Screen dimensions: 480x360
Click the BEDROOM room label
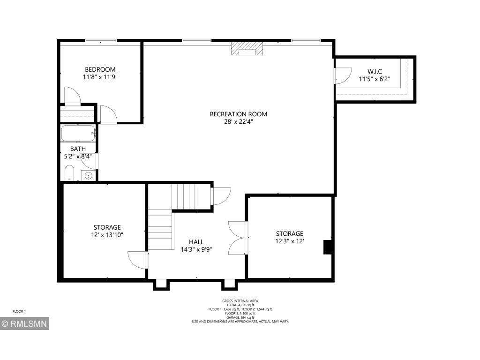coord(100,69)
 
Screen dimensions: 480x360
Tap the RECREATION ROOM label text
coord(239,114)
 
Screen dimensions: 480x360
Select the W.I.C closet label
coord(375,72)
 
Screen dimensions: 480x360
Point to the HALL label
coord(196,242)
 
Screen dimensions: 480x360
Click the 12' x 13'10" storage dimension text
coord(107,235)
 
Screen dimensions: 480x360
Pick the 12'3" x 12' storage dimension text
coord(290,241)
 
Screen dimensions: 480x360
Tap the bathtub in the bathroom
coord(78,133)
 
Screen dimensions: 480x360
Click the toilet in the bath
coord(69,173)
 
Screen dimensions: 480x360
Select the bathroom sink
coord(89,176)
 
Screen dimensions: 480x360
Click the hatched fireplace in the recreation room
coord(247,49)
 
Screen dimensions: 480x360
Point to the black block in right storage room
coord(328,247)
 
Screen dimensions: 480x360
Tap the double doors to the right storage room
coord(238,238)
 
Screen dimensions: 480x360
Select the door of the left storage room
coord(137,260)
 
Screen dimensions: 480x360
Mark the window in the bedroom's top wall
coord(101,40)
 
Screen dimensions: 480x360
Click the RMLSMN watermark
coord(24,323)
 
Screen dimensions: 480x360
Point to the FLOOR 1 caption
coord(19,312)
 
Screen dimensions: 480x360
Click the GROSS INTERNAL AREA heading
coord(240,301)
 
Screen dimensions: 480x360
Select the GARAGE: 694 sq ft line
coord(240,317)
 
